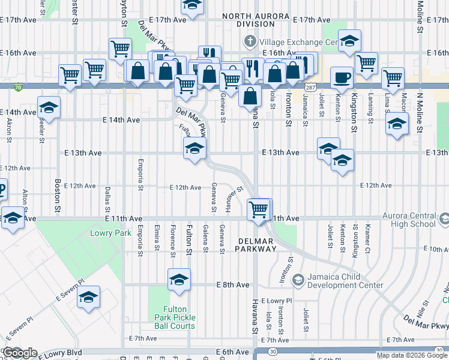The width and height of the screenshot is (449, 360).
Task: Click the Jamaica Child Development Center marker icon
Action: (298, 280)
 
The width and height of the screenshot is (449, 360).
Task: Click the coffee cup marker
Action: (342, 77)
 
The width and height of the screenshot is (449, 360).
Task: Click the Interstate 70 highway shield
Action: (20, 86)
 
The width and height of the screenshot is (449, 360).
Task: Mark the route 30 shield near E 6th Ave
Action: (273, 351)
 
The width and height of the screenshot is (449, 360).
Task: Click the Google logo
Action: (20, 352)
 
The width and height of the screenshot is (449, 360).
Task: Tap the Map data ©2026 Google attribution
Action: (412, 355)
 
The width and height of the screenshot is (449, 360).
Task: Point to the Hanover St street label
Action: (234, 199)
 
